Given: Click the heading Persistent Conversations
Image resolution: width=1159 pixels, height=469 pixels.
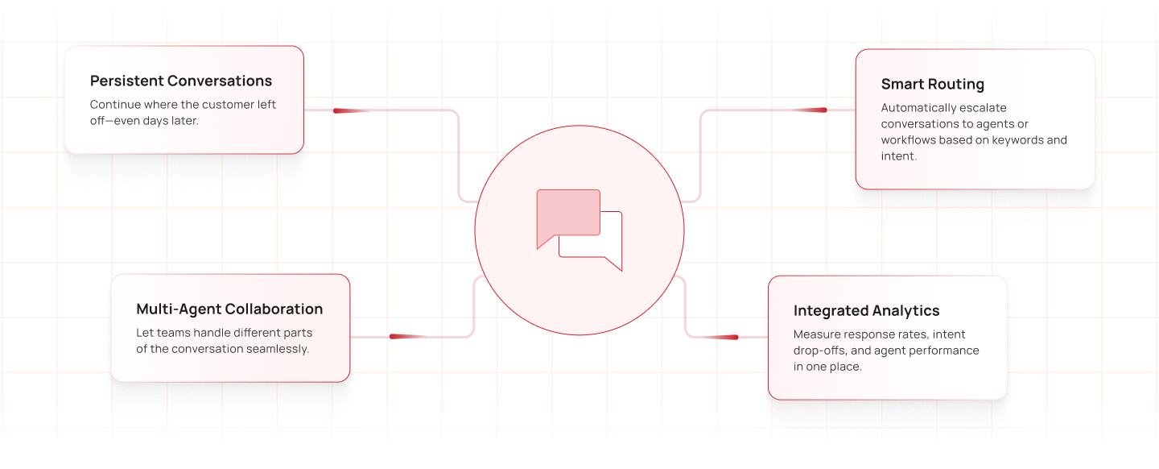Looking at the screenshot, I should [181, 81].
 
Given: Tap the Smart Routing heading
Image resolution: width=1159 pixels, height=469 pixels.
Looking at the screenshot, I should [933, 85].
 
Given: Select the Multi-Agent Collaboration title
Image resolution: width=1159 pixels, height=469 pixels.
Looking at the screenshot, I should [229, 309].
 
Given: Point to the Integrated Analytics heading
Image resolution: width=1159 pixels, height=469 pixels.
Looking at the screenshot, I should [866, 311].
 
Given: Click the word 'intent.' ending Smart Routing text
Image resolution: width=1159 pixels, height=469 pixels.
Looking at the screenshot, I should [899, 156].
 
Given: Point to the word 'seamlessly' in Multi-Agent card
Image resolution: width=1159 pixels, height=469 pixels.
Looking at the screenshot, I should [277, 349].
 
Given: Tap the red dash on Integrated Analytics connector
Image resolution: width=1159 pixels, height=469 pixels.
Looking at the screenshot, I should [724, 337].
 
